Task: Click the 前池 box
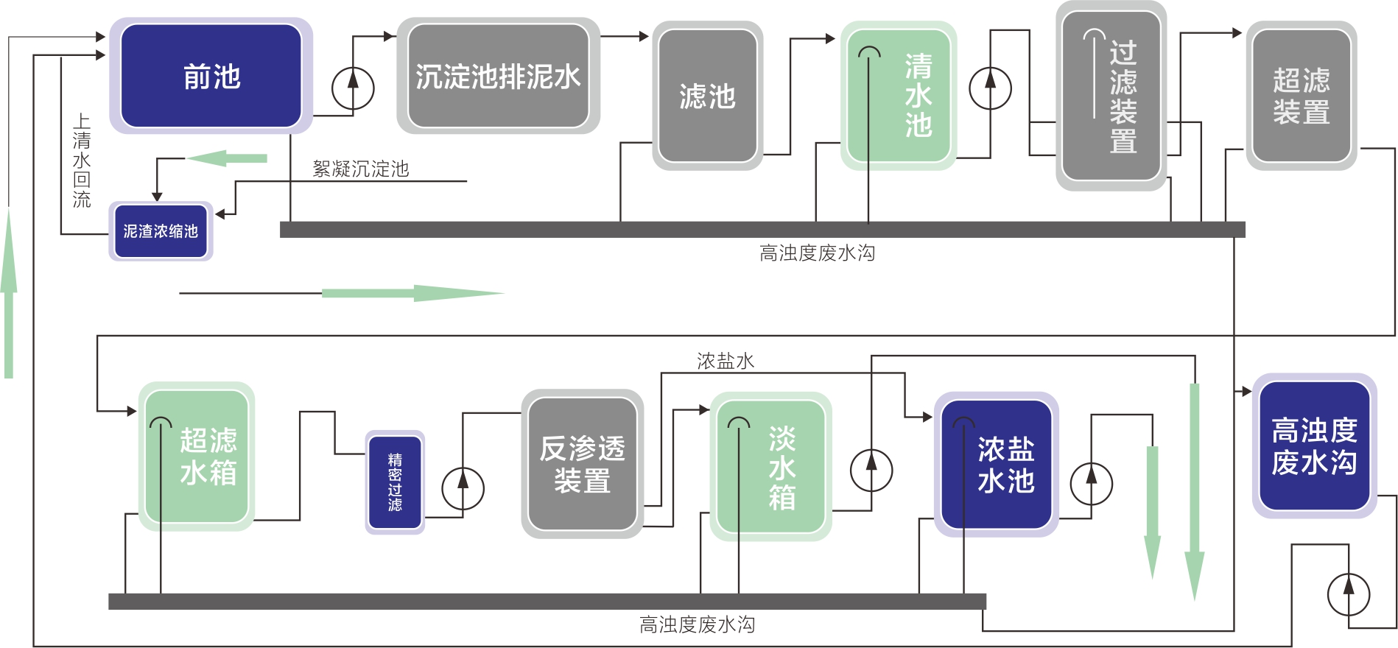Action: [x=211, y=76]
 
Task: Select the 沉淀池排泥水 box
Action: [x=498, y=76]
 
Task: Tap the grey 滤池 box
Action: [x=707, y=96]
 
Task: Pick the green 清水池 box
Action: [x=899, y=96]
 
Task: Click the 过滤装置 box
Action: [x=1111, y=96]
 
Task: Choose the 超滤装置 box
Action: [x=1302, y=96]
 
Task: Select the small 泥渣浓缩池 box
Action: [x=161, y=231]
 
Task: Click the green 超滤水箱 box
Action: [x=197, y=457]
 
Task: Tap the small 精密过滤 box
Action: [x=395, y=482]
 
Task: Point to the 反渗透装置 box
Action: [x=582, y=464]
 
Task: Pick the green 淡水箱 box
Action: [x=770, y=467]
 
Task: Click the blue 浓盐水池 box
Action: [x=997, y=465]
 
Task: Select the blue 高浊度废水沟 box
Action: [x=1314, y=446]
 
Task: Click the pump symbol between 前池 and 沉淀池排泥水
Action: [x=353, y=88]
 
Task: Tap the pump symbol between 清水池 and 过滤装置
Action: [x=990, y=88]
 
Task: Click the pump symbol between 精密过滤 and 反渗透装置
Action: [x=463, y=488]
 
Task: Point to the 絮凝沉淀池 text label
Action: [x=360, y=169]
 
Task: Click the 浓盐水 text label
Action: [x=726, y=361]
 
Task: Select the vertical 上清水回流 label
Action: [x=82, y=161]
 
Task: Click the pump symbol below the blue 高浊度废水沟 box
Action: [x=1348, y=594]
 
